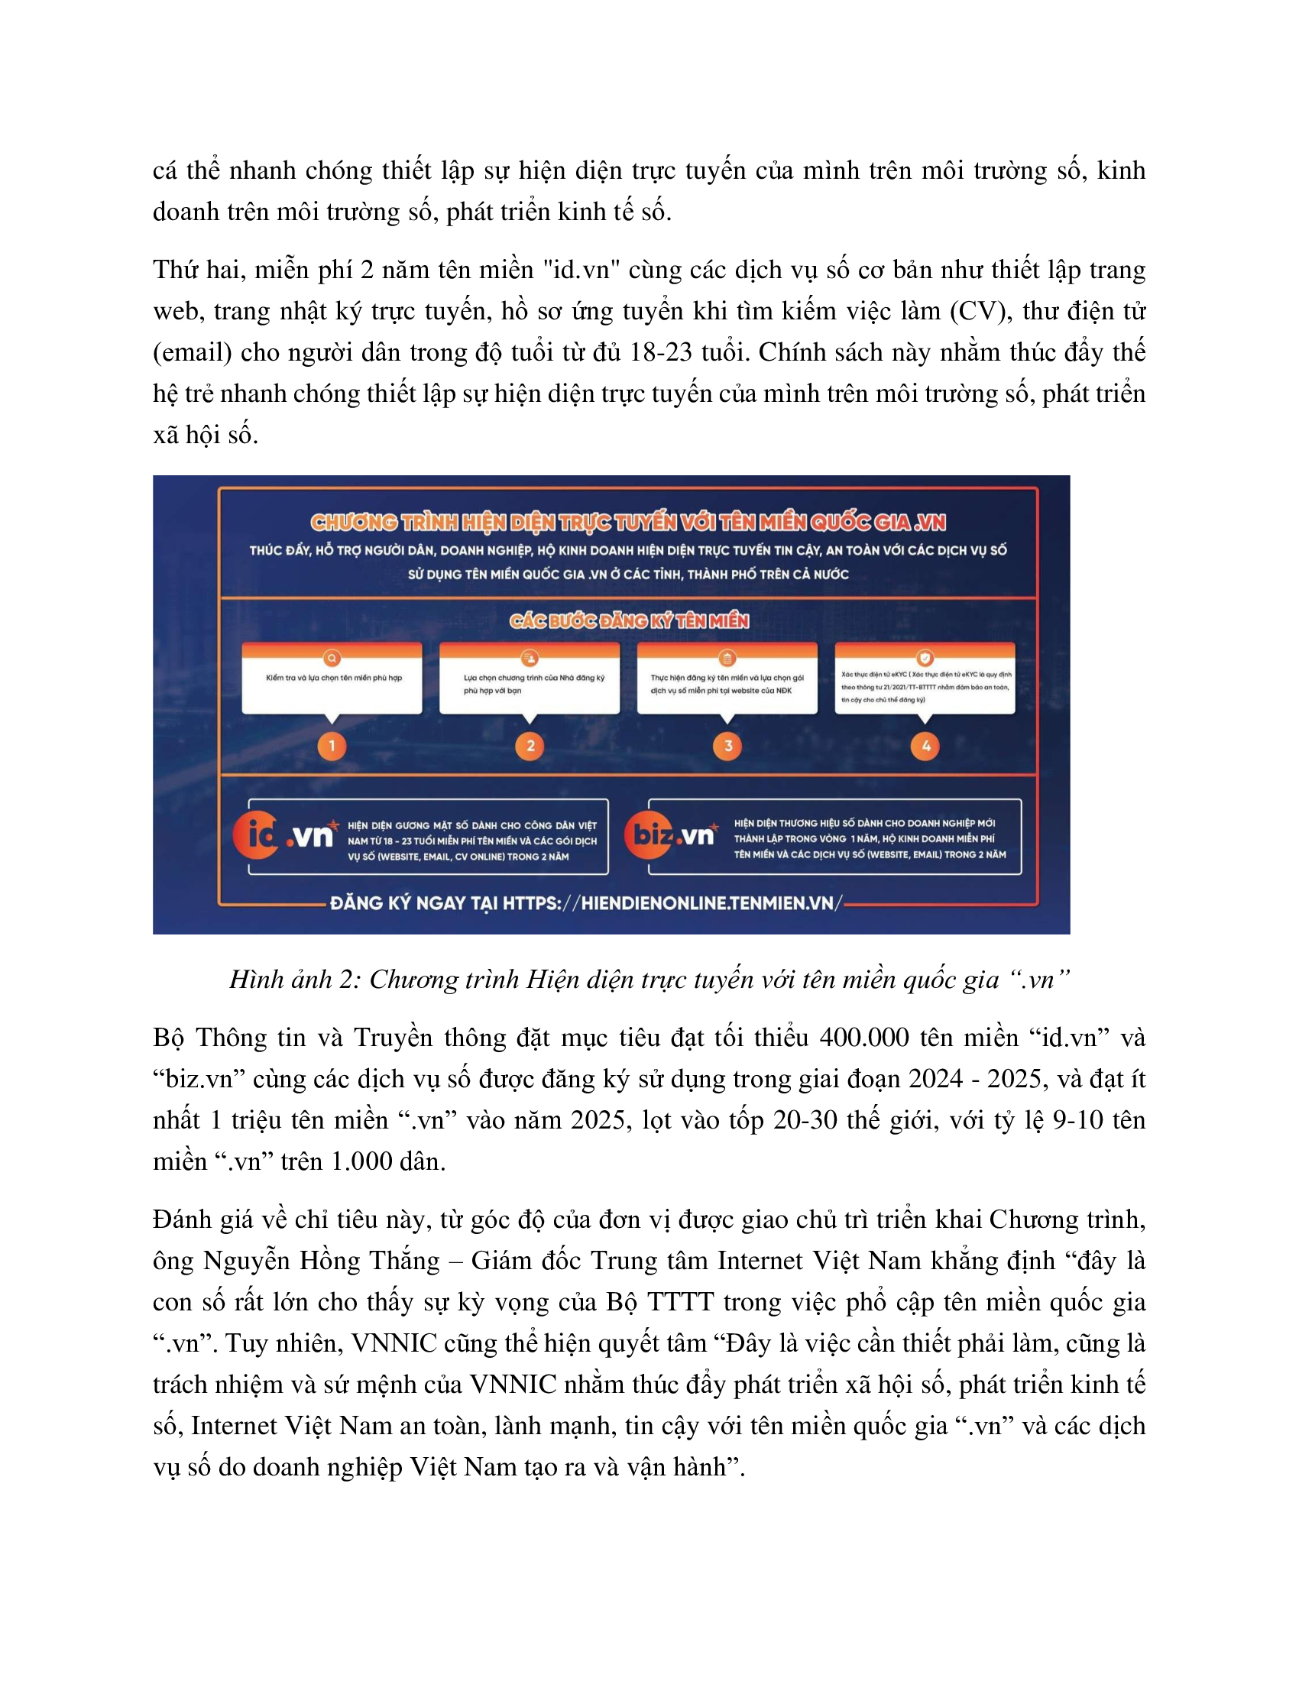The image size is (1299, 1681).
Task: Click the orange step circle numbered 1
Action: [332, 746]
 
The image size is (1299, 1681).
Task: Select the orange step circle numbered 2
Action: [530, 746]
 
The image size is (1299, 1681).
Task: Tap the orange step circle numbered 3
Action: [727, 746]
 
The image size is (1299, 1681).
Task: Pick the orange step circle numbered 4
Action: [925, 746]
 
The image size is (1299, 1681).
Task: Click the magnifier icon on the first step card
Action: [332, 659]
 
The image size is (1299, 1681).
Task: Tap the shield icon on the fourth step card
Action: [925, 658]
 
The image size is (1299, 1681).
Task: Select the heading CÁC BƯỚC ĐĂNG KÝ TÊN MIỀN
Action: [629, 621]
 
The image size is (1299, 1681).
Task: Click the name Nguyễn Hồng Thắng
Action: [322, 1261]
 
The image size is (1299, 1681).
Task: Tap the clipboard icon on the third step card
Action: [727, 658]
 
